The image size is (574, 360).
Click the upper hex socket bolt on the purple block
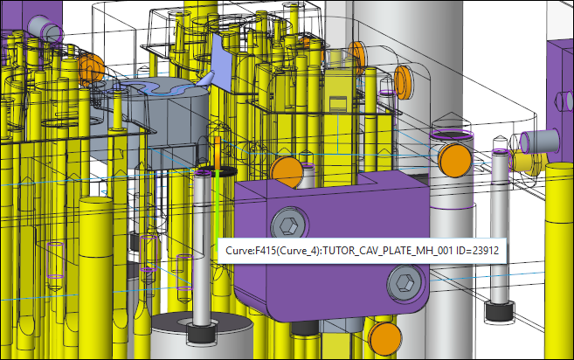[x=289, y=225]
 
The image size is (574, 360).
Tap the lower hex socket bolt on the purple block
[x=405, y=282]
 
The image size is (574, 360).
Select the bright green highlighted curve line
[x=218, y=210]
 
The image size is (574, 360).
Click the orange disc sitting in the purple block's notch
[x=287, y=172]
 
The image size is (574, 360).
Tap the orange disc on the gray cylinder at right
[x=454, y=160]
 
